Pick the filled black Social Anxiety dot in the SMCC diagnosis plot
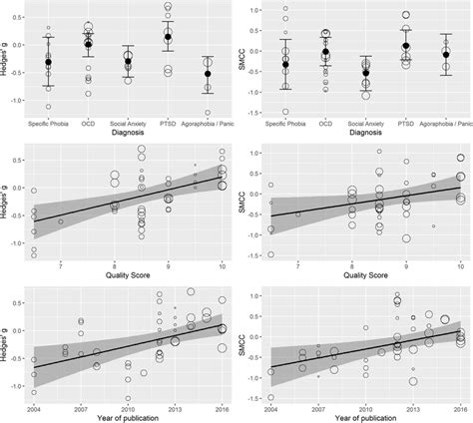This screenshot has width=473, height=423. pos(365,72)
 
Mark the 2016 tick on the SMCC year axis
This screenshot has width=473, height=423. pos(459,410)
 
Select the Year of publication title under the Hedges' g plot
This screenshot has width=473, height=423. pos(128,420)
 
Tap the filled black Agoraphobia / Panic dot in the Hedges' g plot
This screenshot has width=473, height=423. pos(208,73)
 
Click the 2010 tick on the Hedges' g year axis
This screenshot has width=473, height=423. pos(128,410)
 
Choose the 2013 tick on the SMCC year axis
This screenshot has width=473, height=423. pos(411,410)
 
